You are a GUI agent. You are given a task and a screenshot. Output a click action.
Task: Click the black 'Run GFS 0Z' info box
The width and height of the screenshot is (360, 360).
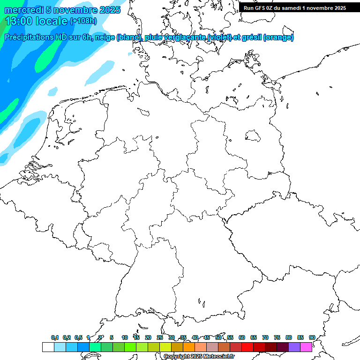[295, 7]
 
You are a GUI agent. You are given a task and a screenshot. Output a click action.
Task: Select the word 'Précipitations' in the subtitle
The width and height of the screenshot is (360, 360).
[29, 37]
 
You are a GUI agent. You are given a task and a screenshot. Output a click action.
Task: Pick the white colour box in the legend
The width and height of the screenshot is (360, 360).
[48, 347]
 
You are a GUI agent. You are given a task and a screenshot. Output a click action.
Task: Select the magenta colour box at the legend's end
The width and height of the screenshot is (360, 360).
[306, 347]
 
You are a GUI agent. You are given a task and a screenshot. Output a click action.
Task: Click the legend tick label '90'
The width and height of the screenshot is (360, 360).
[312, 337]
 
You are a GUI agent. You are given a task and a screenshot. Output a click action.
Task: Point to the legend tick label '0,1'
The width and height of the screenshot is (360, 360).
[55, 337]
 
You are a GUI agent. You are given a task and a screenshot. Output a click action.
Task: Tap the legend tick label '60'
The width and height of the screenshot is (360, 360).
[242, 337]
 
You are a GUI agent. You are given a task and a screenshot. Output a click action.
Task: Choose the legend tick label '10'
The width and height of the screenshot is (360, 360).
[125, 337]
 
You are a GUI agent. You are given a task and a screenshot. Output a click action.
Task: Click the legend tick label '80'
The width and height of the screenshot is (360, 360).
[289, 337]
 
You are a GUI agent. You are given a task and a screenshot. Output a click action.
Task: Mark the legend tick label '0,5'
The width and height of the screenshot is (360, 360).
[78, 337]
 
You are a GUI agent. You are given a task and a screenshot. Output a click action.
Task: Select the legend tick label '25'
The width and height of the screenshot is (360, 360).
[160, 337]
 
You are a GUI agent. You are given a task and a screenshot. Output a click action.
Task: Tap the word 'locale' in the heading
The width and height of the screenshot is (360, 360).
[52, 21]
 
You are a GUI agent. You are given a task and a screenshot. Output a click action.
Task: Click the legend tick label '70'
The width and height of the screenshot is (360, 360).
[265, 337]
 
